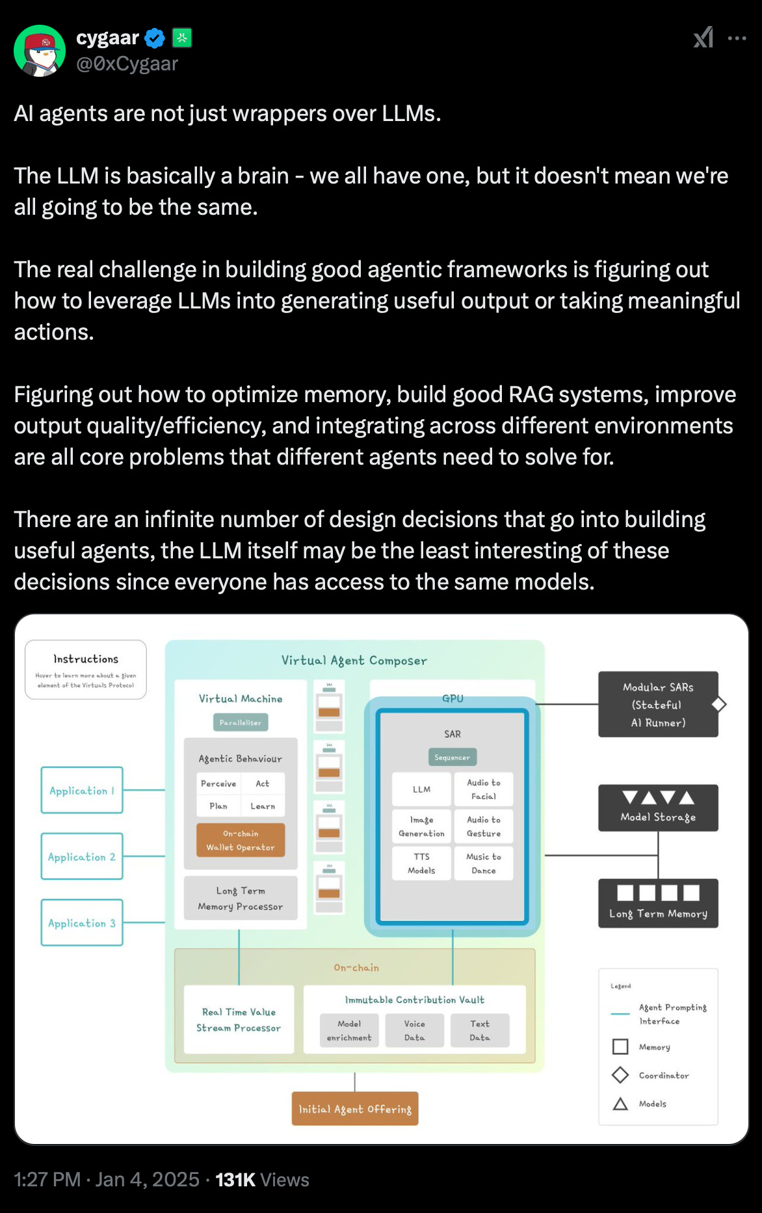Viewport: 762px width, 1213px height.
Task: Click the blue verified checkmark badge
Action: [155, 38]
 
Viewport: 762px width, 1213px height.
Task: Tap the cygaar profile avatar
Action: [40, 51]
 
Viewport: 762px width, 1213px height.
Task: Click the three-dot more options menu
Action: [737, 38]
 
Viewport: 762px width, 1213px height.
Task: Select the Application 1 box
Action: [82, 790]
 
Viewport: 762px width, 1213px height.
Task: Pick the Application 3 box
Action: [82, 923]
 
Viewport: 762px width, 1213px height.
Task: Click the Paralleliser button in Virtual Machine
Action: [241, 722]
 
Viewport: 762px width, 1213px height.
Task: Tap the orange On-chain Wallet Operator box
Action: [241, 840]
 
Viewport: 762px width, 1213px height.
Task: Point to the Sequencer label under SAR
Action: [453, 757]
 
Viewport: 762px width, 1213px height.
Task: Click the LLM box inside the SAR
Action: [421, 789]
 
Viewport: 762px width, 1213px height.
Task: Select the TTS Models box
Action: [421, 863]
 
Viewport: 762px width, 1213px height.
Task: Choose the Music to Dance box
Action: [484, 863]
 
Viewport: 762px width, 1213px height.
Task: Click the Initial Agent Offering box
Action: [355, 1109]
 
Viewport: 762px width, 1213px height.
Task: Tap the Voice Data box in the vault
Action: [414, 1030]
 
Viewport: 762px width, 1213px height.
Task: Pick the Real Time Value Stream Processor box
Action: [239, 1020]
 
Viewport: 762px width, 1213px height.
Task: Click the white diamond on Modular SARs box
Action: [718, 704]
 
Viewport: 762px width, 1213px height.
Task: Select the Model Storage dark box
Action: [658, 808]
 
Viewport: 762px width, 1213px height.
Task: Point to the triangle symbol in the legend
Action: [620, 1104]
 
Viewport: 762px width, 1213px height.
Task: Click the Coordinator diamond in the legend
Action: [620, 1075]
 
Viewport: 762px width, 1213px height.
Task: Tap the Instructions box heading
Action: [86, 659]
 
